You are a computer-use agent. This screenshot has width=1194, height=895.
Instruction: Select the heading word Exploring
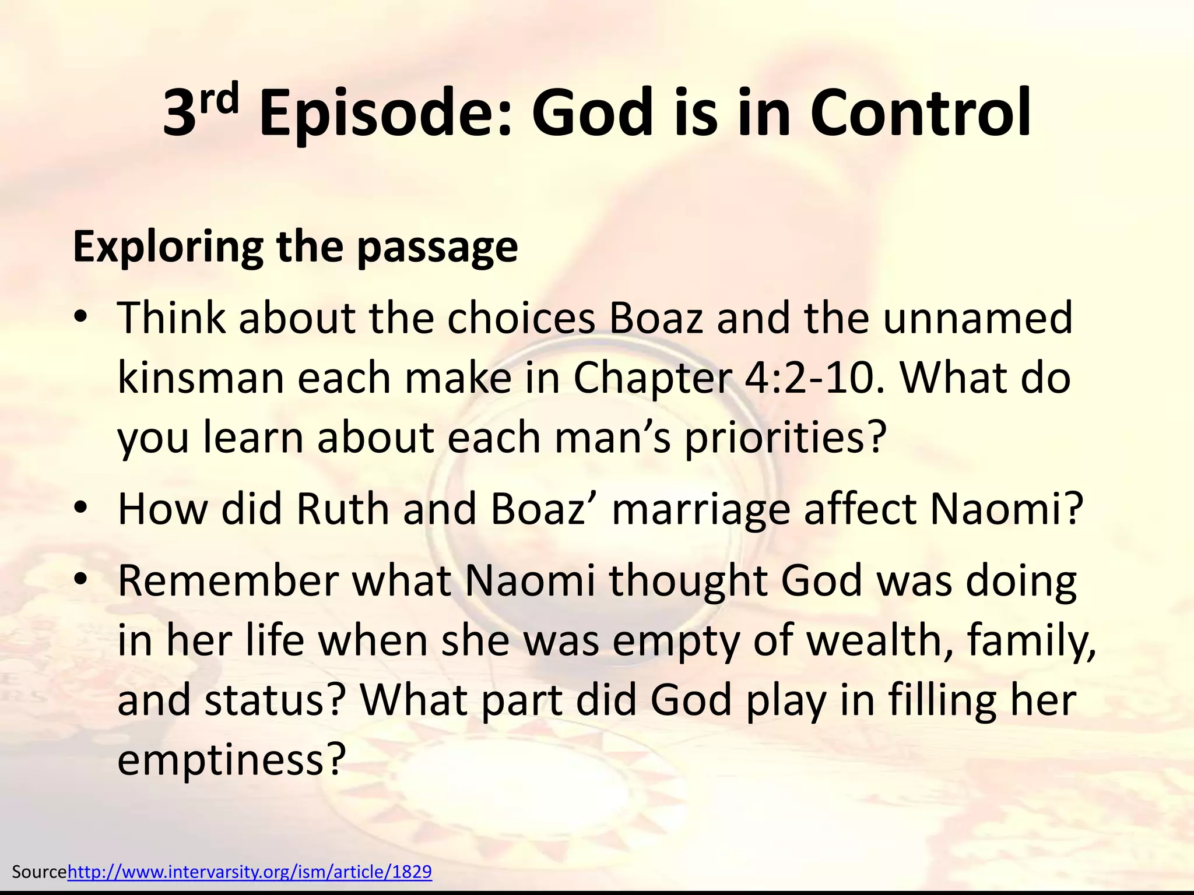[x=168, y=247]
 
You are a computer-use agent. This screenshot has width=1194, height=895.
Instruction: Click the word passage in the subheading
[x=437, y=247]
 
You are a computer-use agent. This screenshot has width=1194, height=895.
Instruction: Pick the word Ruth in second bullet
[x=343, y=509]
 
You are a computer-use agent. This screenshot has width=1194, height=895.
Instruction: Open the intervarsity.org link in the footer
[x=250, y=872]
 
